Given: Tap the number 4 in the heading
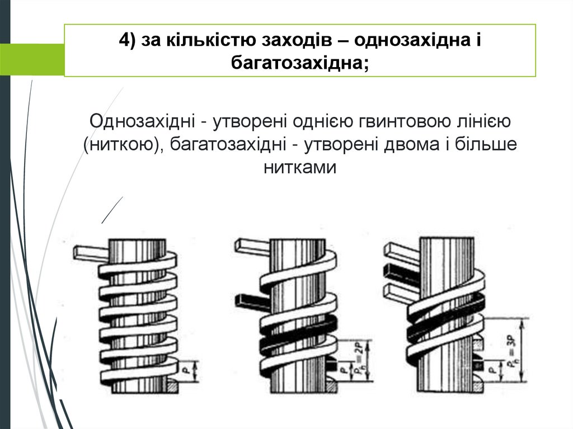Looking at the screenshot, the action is [x=125, y=40].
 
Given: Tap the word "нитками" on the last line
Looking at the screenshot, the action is [x=300, y=167].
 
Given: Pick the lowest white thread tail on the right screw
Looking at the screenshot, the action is [x=398, y=292].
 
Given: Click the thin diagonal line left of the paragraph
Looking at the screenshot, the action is [x=112, y=210].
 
